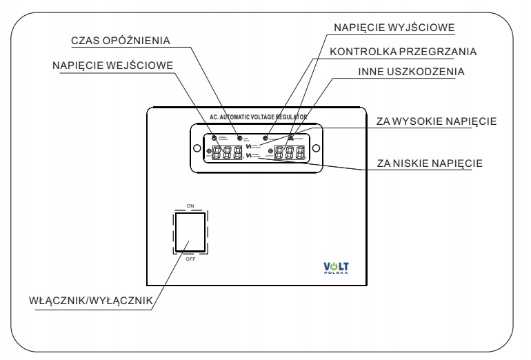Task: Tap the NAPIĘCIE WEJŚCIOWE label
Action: [x=112, y=66]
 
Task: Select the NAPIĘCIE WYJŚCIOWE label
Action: [x=392, y=28]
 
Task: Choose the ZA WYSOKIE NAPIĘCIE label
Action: [x=437, y=121]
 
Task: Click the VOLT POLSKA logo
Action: [x=337, y=267]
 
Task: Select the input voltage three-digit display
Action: [x=228, y=152]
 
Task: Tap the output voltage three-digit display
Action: [x=290, y=152]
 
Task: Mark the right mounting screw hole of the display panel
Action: [x=315, y=147]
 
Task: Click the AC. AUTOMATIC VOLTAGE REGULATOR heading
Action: [x=256, y=118]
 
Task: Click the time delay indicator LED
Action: [x=239, y=138]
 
